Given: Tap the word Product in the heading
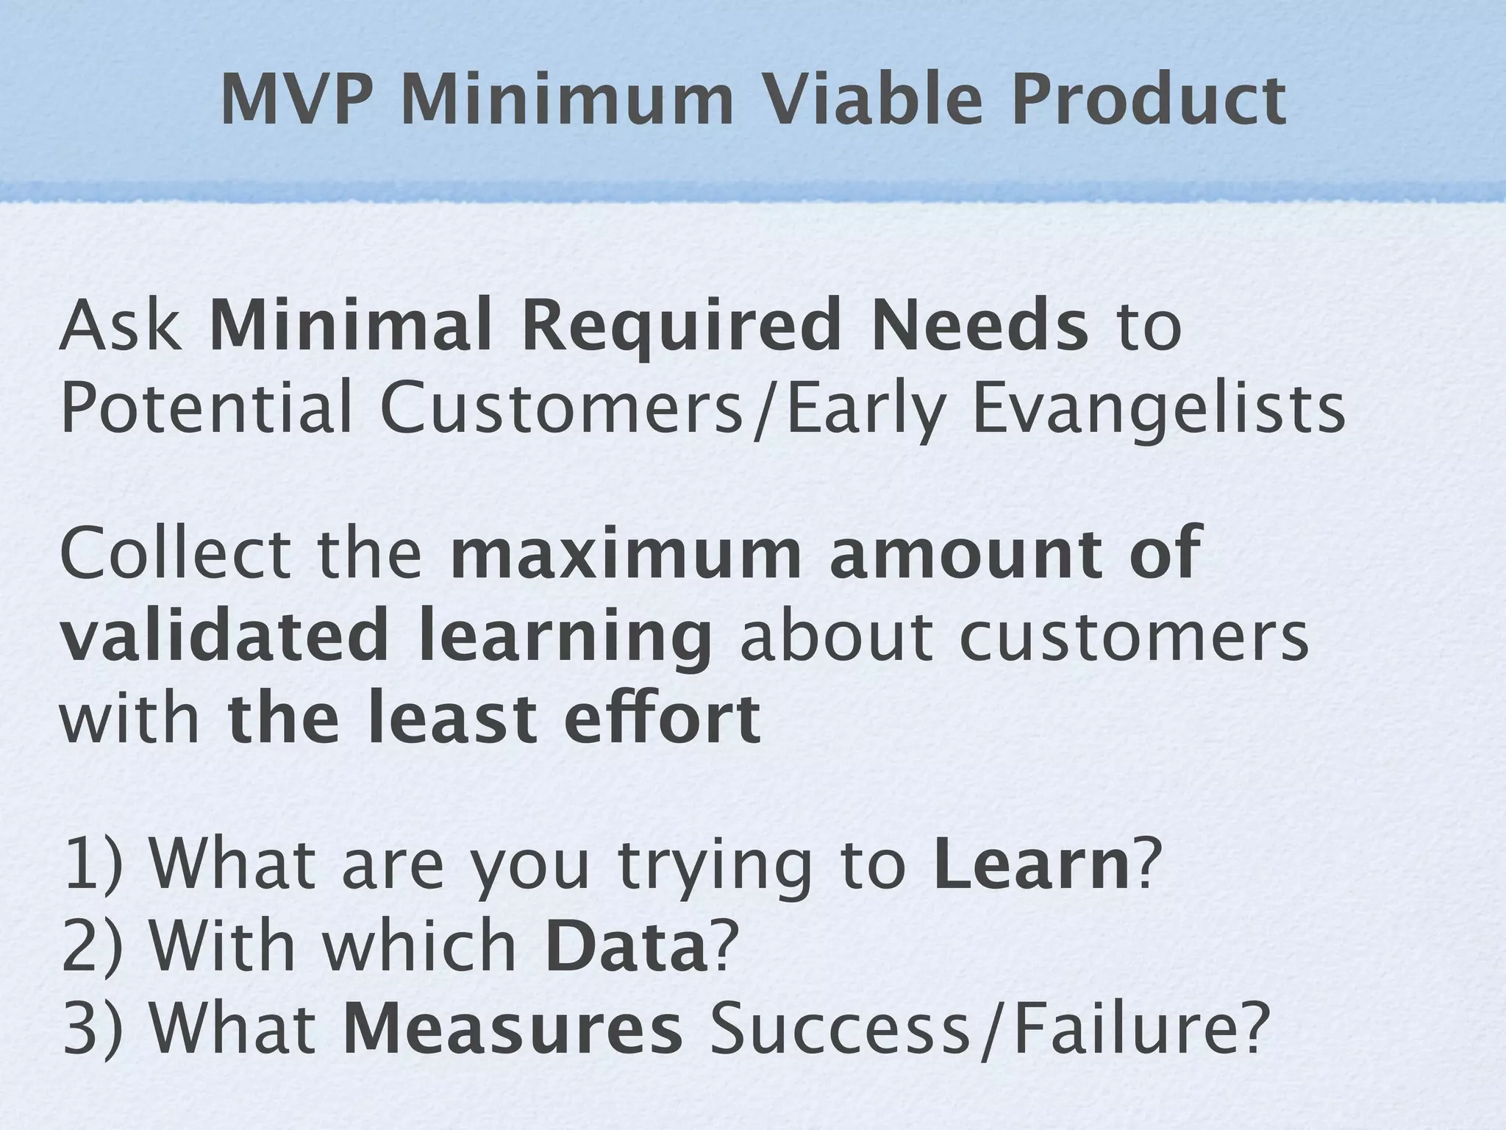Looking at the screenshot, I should point(1148,101).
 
